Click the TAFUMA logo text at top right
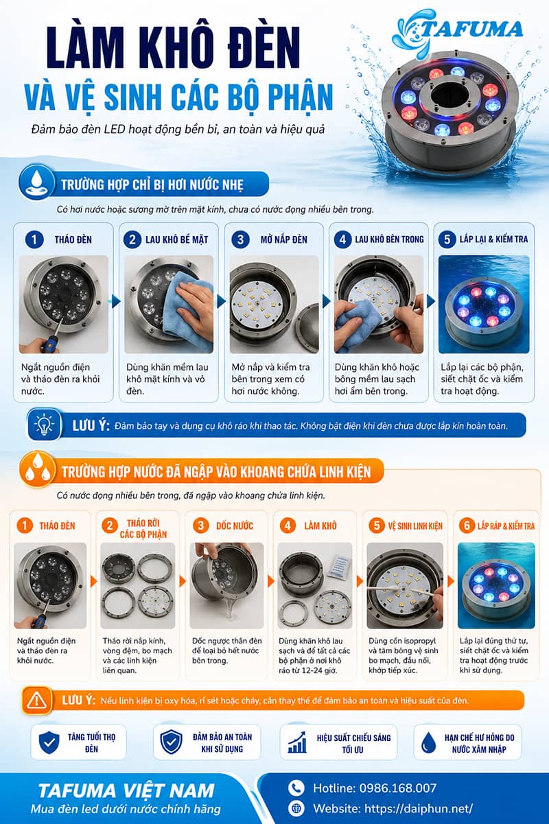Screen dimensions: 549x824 (x=471, y=29)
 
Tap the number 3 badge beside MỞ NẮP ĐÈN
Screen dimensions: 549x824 (x=240, y=239)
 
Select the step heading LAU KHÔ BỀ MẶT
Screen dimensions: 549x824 (x=176, y=239)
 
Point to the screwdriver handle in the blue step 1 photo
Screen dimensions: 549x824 (x=49, y=344)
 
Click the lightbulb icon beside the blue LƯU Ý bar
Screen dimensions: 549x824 (x=44, y=425)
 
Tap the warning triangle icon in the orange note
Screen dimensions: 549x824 (x=37, y=700)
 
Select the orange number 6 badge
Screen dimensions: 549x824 (x=467, y=526)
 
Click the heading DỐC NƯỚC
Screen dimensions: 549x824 (x=235, y=526)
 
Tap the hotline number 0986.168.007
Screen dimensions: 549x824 (x=398, y=788)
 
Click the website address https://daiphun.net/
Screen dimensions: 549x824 (x=419, y=808)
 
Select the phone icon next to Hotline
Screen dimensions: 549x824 (x=296, y=788)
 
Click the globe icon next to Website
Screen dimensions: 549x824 (x=296, y=808)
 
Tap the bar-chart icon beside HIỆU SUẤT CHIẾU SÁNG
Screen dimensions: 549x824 (x=297, y=742)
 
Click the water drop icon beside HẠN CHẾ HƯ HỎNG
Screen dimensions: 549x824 (x=428, y=742)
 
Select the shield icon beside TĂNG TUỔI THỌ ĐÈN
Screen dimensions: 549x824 (x=49, y=742)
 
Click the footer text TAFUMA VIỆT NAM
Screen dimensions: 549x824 (x=126, y=790)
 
